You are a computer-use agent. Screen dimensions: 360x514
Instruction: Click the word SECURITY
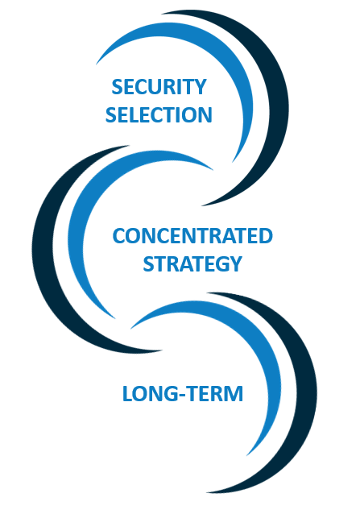[x=159, y=87]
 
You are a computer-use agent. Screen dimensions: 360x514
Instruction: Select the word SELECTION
[x=159, y=114]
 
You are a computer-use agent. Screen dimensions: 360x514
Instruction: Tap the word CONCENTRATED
[x=192, y=236]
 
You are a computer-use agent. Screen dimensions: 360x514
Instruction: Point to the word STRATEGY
[x=192, y=264]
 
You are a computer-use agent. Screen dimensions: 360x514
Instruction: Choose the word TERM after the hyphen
[x=215, y=394]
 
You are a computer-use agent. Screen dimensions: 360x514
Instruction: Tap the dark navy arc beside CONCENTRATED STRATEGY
[x=43, y=249]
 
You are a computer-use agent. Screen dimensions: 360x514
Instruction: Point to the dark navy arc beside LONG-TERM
[x=306, y=393]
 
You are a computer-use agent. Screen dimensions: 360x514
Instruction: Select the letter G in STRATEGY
[x=220, y=264]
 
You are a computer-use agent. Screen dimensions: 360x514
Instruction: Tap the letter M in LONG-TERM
[x=234, y=394]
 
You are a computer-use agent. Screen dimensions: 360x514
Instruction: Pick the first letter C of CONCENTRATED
[x=119, y=236]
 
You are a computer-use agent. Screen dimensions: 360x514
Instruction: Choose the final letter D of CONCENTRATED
[x=266, y=236]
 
